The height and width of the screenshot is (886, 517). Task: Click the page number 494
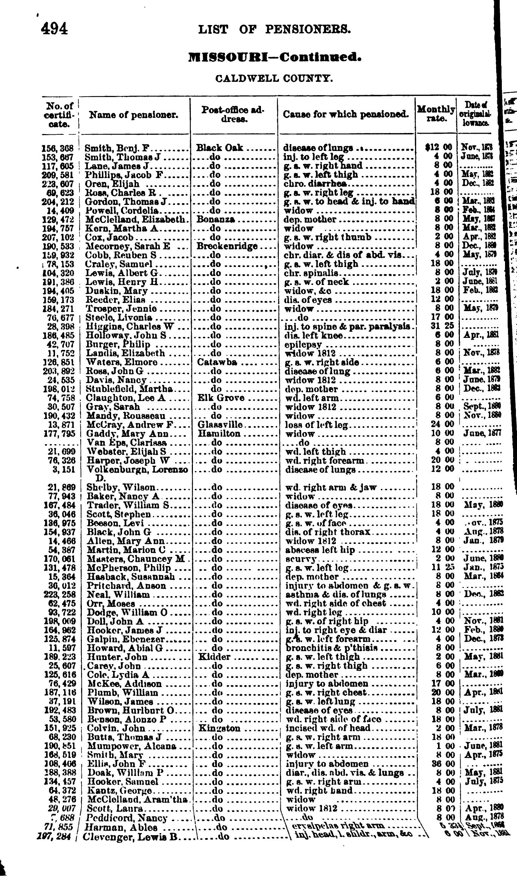click(x=54, y=29)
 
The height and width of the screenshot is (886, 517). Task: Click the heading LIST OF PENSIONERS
click(x=274, y=29)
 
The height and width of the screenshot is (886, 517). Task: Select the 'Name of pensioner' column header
click(x=134, y=115)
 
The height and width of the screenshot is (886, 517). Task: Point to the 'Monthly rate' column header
click(x=436, y=114)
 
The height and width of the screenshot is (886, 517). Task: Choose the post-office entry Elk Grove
click(x=221, y=398)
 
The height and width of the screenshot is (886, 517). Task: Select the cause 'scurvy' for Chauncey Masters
click(x=300, y=559)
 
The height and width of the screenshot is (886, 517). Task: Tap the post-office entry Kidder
click(x=214, y=657)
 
